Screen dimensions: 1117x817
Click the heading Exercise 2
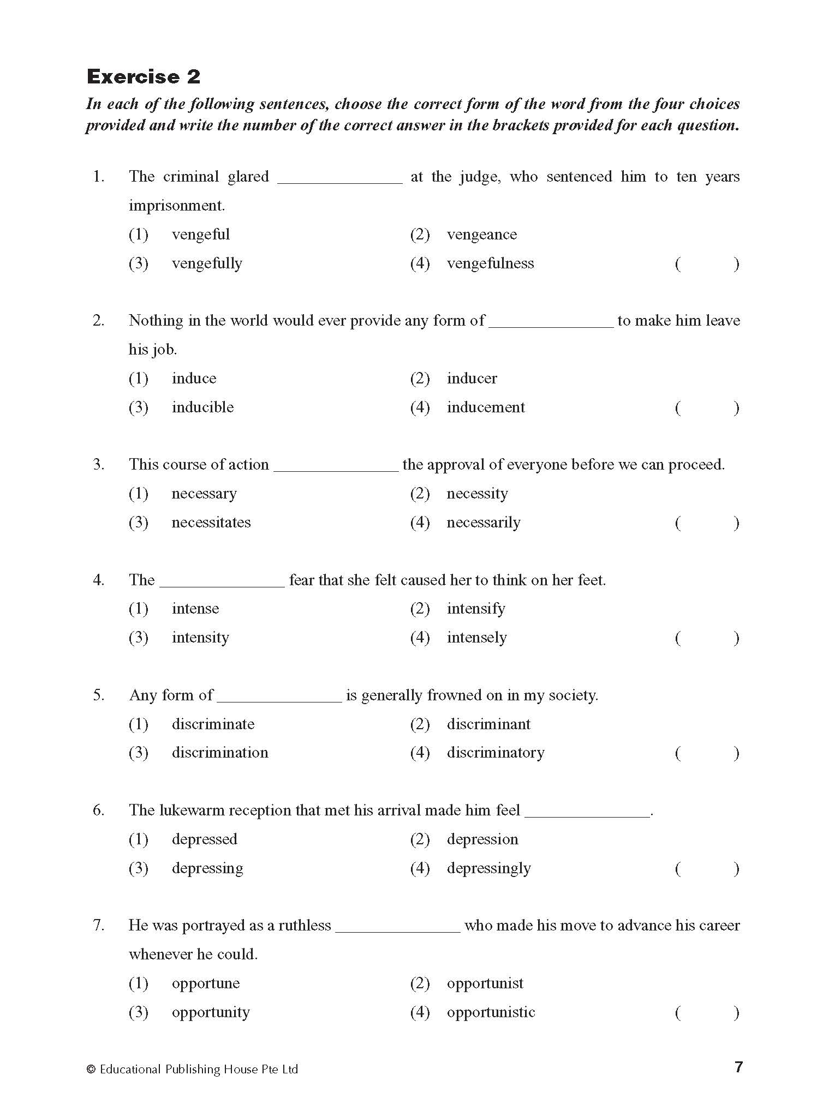pyautogui.click(x=144, y=77)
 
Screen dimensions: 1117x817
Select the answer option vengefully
pyautogui.click(x=206, y=263)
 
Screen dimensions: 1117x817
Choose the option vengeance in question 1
pyautogui.click(x=481, y=235)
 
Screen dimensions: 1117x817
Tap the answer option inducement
pyautogui.click(x=485, y=407)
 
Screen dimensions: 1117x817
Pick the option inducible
pyautogui.click(x=202, y=407)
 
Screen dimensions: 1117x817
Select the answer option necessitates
pyautogui.click(x=211, y=523)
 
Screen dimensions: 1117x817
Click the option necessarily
pyautogui.click(x=483, y=523)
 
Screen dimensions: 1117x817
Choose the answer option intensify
pyautogui.click(x=476, y=609)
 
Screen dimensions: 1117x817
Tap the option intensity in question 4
pyautogui.click(x=200, y=638)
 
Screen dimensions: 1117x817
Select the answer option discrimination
pyautogui.click(x=219, y=753)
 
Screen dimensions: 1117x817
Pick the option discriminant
pyautogui.click(x=488, y=724)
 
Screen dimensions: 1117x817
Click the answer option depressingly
pyautogui.click(x=488, y=868)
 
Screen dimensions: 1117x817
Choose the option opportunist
pyautogui.click(x=485, y=983)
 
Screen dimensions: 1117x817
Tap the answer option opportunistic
pyautogui.click(x=491, y=1012)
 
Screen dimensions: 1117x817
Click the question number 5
pyautogui.click(x=98, y=695)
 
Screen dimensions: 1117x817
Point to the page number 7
pyautogui.click(x=738, y=1067)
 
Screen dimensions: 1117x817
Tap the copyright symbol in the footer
pyautogui.click(x=91, y=1070)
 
